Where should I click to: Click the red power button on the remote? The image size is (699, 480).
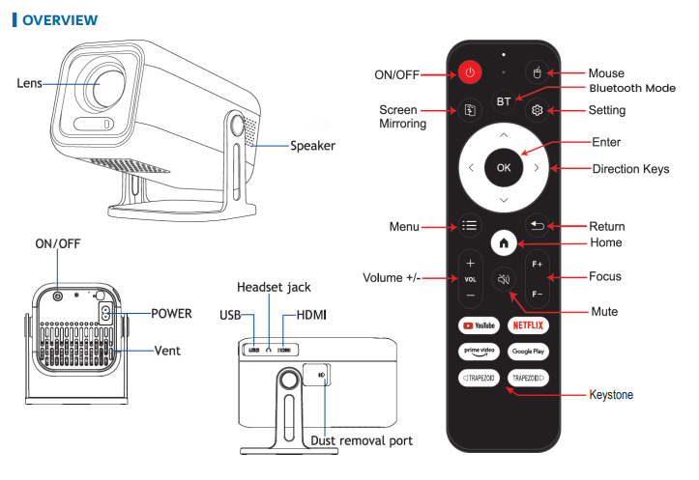[x=470, y=72]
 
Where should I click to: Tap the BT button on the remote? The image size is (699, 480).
[x=503, y=100]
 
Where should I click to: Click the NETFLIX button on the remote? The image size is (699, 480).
[x=528, y=325]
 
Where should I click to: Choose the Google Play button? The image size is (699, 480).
[x=528, y=352]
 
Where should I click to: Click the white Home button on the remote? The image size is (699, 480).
[x=503, y=242]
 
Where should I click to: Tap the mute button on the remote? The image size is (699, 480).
[x=503, y=279]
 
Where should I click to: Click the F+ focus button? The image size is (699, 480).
[x=537, y=263]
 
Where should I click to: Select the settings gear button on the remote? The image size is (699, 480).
[x=537, y=110]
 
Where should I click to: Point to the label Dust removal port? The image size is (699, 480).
[x=362, y=440]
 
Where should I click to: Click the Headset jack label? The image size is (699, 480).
[x=273, y=288]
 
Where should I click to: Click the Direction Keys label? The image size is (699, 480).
[x=630, y=169]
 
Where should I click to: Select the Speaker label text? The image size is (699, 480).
[x=312, y=146]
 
